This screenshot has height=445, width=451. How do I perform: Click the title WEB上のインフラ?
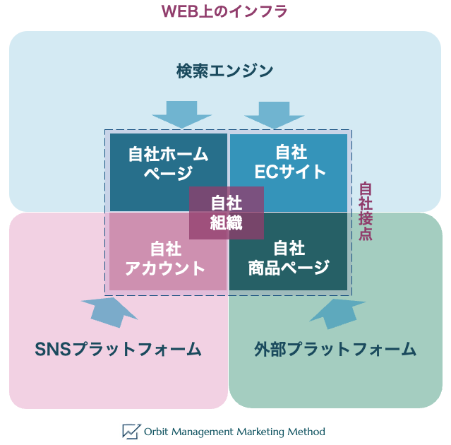click(x=224, y=11)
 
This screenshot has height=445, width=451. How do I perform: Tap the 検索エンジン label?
click(x=224, y=71)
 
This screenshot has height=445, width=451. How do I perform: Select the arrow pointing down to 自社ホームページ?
click(x=181, y=114)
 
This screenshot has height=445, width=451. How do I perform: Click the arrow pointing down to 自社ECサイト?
click(x=273, y=114)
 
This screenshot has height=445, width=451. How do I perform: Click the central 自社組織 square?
click(x=226, y=213)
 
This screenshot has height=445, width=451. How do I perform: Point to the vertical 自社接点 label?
click(x=366, y=212)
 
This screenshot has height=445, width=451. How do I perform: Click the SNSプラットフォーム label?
click(x=119, y=350)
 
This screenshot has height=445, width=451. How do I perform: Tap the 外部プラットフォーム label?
click(x=335, y=350)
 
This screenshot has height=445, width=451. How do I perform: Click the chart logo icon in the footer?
click(x=131, y=431)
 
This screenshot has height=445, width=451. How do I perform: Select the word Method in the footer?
click(x=306, y=431)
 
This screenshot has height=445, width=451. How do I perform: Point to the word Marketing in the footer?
click(x=258, y=431)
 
